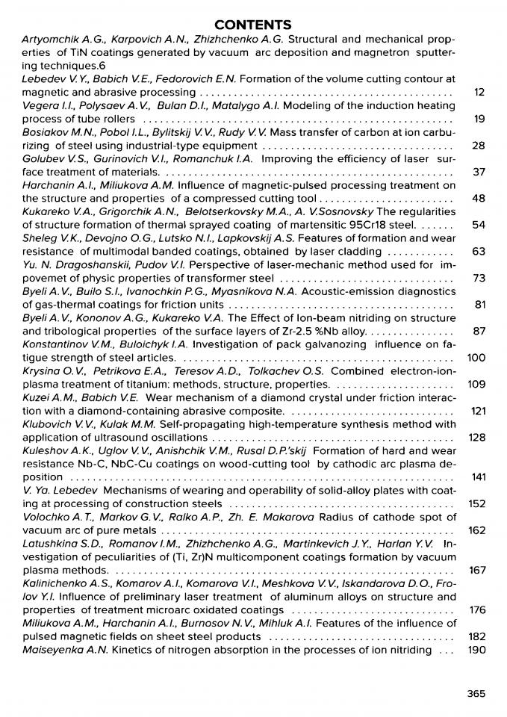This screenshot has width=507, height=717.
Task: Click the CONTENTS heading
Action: (x=253, y=25)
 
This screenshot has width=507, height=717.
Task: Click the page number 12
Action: (x=479, y=92)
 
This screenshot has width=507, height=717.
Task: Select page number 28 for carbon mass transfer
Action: (x=479, y=145)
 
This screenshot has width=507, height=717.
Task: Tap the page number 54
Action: (x=479, y=225)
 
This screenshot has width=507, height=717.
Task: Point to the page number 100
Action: (x=476, y=358)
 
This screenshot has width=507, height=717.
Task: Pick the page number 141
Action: (x=477, y=477)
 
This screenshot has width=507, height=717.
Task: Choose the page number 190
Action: (x=476, y=650)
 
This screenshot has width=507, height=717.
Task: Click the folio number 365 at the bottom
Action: (x=476, y=693)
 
